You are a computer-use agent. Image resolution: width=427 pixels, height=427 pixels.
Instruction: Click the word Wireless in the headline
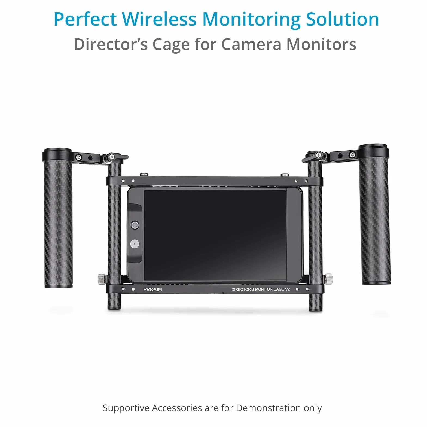point(159,19)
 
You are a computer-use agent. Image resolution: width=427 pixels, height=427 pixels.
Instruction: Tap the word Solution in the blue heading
point(343,19)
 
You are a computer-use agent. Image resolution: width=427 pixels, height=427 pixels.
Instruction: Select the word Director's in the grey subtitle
point(111,44)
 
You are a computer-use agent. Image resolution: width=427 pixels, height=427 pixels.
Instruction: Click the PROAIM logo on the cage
point(152,289)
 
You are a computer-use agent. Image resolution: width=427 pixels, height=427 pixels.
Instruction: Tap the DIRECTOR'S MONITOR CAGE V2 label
point(261,289)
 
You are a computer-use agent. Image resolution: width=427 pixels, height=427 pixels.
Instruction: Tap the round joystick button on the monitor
point(135,225)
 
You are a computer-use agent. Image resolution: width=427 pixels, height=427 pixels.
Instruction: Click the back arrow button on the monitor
point(135,244)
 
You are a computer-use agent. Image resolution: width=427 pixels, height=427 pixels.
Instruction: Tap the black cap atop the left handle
point(57,154)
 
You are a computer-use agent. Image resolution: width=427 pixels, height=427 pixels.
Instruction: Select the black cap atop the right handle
point(373,151)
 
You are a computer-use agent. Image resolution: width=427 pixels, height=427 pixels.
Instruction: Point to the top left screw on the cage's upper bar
point(144,175)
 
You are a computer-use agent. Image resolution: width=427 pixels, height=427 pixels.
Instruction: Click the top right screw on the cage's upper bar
point(285,175)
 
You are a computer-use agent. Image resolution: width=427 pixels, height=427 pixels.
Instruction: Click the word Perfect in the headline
point(85,19)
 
